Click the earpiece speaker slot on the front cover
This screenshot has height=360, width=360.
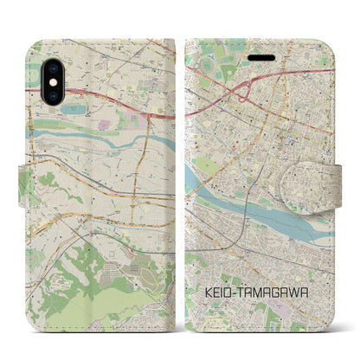click(x=260, y=55)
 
